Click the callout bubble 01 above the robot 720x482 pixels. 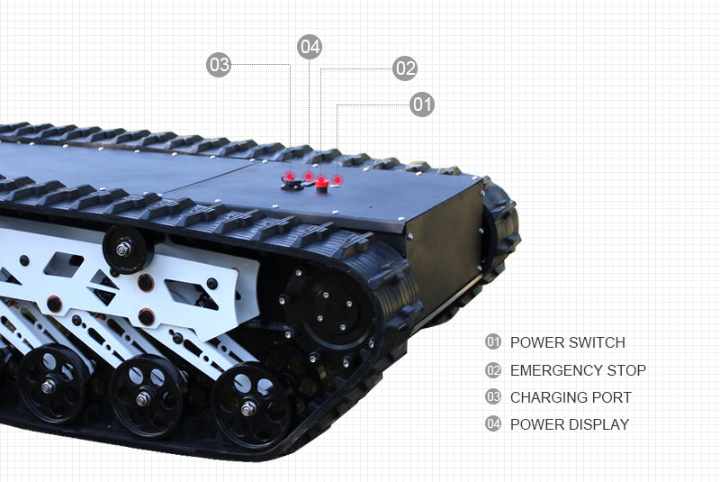click(422, 105)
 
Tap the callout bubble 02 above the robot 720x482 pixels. click(405, 68)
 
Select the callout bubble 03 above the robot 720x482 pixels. click(219, 65)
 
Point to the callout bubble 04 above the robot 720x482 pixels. click(310, 47)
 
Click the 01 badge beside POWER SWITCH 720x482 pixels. click(493, 341)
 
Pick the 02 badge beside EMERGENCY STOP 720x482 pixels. click(493, 370)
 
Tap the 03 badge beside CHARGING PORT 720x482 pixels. click(493, 397)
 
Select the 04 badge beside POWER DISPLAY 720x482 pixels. click(493, 423)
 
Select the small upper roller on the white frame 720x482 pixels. click(124, 250)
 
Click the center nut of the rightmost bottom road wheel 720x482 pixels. click(248, 408)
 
